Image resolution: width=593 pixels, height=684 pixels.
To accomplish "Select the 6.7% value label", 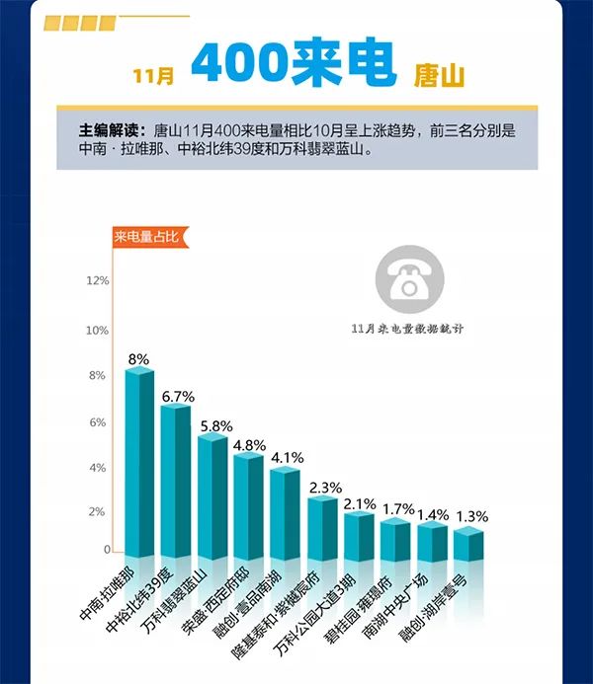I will [178, 396].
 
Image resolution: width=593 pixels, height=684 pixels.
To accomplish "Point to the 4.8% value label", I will [249, 445].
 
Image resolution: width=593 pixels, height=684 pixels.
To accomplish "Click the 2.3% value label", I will [324, 487].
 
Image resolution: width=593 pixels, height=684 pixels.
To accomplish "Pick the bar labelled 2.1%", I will [359, 533].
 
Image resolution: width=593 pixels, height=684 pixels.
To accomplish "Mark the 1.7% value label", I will [397, 509].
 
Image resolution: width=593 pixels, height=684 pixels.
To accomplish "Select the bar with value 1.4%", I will [432, 539].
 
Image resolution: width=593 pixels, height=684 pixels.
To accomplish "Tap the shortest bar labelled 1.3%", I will [468, 542].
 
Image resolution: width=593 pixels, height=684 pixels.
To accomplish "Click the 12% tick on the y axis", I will [97, 281].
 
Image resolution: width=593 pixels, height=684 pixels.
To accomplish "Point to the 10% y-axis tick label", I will [97, 331].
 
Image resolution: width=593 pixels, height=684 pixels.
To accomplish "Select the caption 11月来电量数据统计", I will [406, 328].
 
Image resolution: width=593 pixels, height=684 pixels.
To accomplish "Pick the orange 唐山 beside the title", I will [441, 74].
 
